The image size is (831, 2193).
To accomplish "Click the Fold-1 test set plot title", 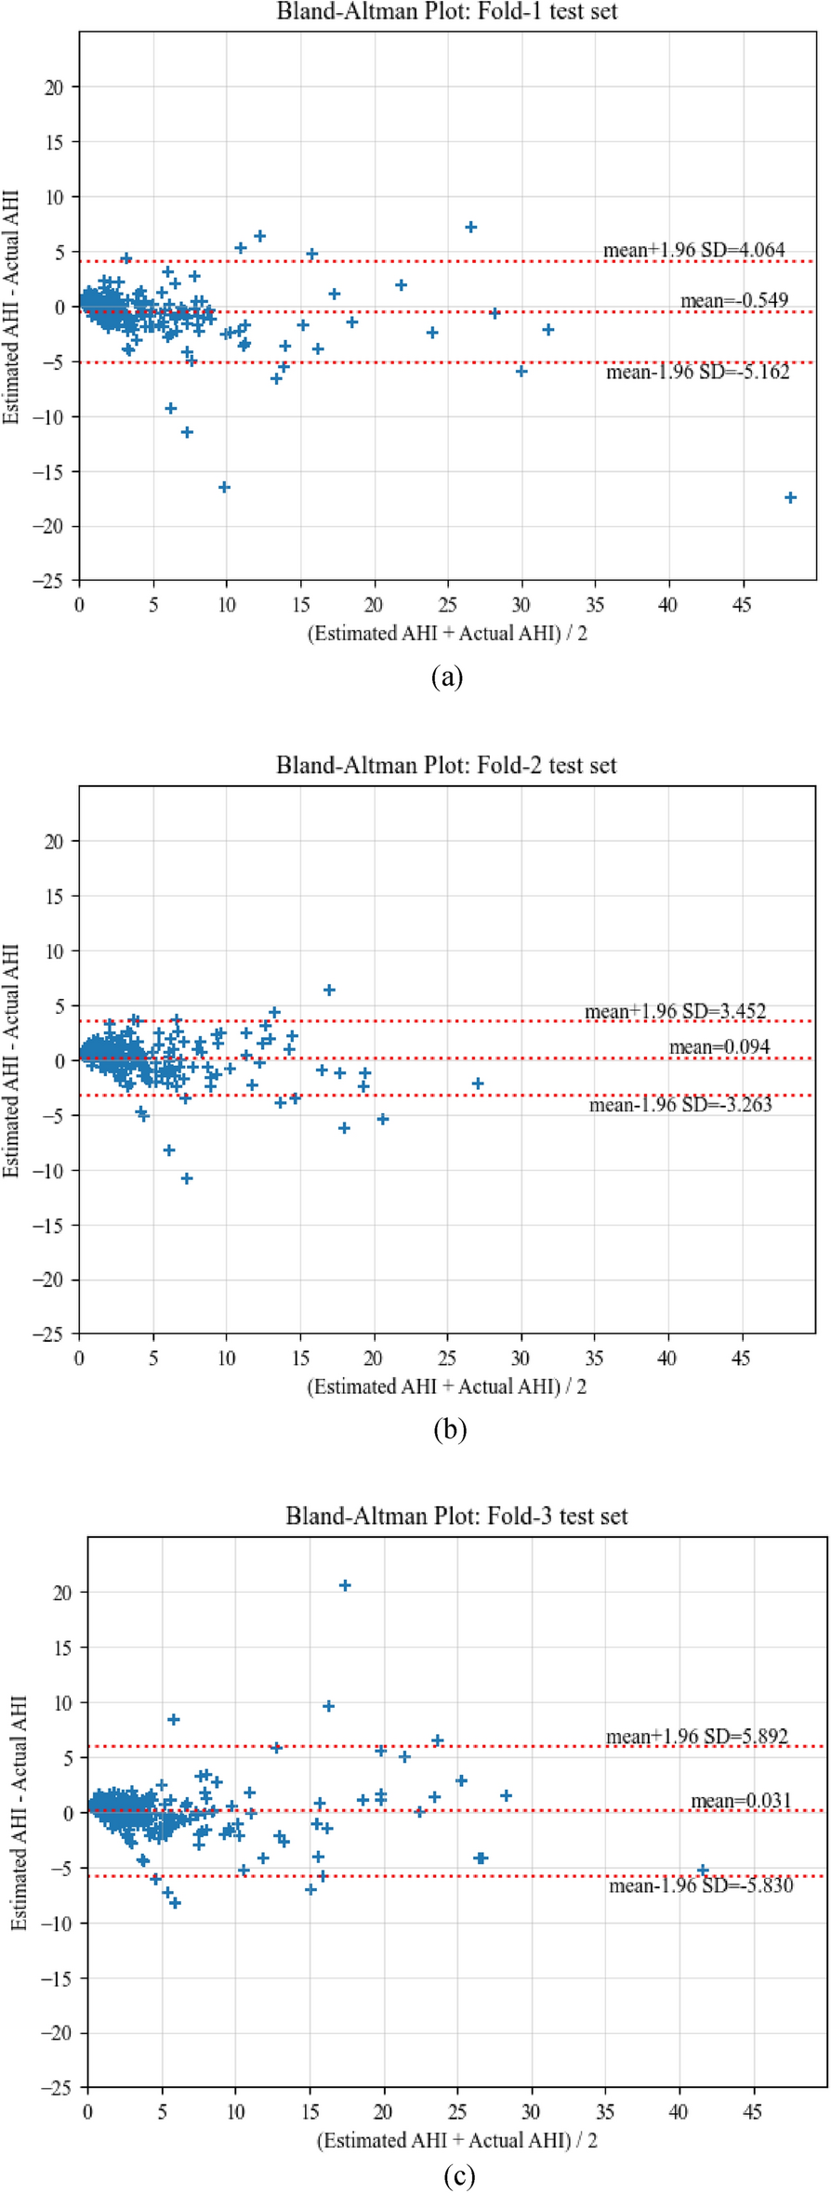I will coord(447,12).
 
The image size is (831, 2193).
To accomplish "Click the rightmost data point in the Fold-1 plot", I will coord(790,498).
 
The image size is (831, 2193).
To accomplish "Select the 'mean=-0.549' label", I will coord(734,300).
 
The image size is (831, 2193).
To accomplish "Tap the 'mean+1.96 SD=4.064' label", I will coord(693,249).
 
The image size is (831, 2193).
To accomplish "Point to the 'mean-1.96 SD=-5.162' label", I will coord(697,372).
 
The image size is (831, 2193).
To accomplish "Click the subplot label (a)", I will coord(447,676).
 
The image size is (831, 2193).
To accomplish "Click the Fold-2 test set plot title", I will coord(446,766).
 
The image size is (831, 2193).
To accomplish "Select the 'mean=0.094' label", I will coord(719,1047).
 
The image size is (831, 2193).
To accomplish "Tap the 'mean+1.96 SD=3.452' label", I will coord(675,1011).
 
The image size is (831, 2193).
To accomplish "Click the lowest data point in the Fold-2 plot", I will coord(187,1178).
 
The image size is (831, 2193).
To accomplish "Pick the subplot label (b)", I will coord(450,1429).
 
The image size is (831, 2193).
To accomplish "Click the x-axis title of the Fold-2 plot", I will coord(447,1386).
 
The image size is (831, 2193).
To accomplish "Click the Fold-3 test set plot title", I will coord(456,1517).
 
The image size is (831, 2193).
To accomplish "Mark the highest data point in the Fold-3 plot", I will coord(345,1586).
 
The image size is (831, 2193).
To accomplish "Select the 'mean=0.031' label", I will coord(741,1801).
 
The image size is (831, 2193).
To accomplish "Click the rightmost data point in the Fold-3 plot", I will coord(703,1870).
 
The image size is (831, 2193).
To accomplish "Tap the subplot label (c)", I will coord(459,2175).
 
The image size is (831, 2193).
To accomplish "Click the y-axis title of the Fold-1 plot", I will coord(11,307).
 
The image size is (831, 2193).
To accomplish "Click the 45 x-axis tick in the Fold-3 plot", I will coord(752,2112).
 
